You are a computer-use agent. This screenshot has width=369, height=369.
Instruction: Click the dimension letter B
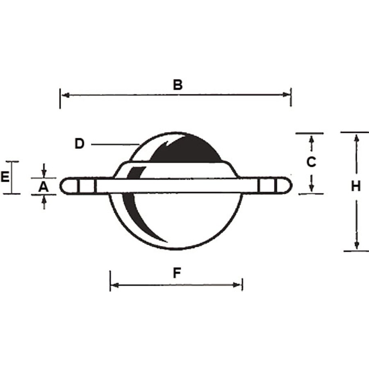pos(177,85)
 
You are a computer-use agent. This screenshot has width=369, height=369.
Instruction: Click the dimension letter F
pos(177,273)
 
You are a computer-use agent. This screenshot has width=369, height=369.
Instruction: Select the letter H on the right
pos(356,186)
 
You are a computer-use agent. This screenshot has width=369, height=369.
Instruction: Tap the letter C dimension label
pos(311,162)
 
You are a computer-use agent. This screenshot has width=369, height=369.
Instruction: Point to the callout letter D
pos(80,144)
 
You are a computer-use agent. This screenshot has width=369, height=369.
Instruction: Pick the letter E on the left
pos(5,177)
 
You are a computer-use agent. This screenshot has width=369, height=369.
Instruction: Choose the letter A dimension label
pos(43,187)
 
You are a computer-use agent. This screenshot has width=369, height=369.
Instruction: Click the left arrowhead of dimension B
pos(64,95)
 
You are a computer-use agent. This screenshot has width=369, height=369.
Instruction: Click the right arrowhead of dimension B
pos(287,94)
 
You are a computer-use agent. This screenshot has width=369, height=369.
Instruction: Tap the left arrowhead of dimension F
pos(114,285)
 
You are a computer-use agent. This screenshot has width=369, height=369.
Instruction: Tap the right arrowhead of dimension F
pos(238,285)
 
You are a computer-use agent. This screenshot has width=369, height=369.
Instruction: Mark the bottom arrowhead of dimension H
pos(357,245)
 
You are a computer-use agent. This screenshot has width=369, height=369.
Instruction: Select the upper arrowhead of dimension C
pos(312,139)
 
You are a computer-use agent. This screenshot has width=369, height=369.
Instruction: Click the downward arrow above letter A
pos(44,174)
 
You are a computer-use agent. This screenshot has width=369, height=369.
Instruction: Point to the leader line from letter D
pos(115,144)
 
